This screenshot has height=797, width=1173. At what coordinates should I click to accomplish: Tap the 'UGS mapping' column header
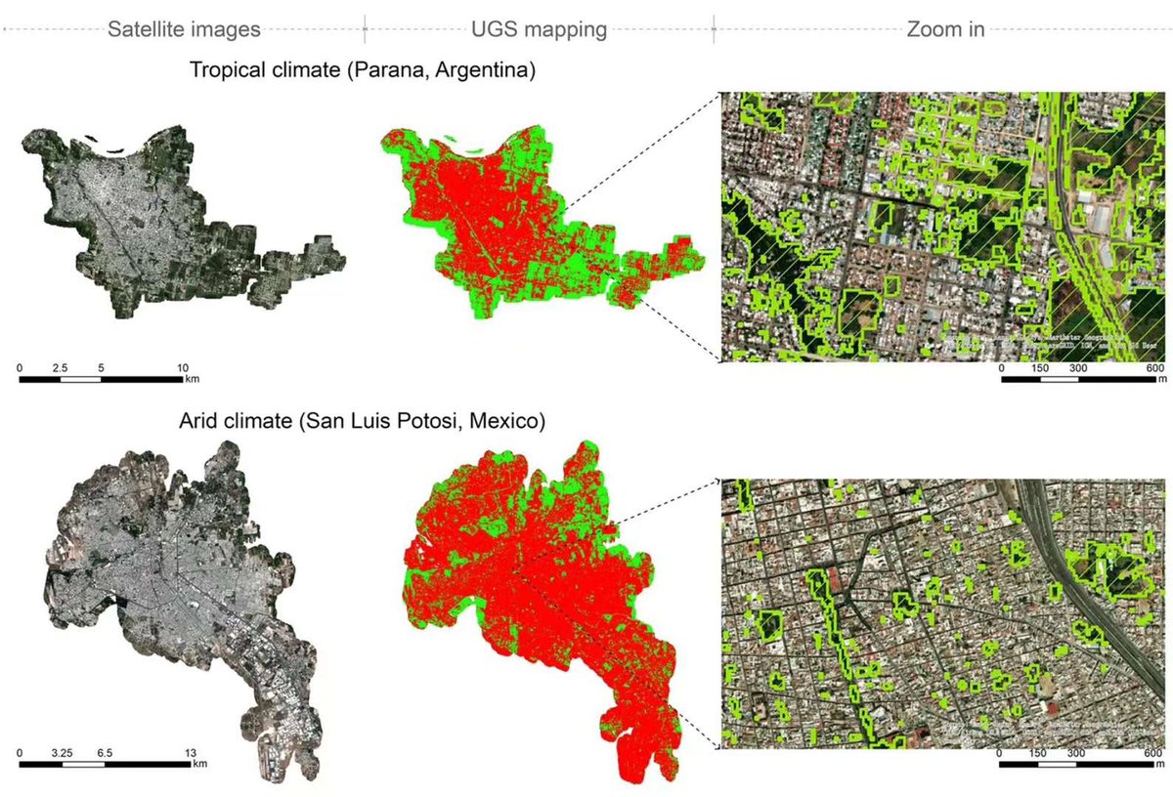tap(540, 29)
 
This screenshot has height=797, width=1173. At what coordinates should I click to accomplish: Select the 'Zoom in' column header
tap(944, 29)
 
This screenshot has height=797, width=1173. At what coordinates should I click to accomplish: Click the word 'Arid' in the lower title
tap(199, 423)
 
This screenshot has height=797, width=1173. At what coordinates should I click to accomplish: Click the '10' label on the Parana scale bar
tap(183, 367)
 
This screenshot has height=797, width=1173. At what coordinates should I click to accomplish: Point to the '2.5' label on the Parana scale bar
tap(60, 367)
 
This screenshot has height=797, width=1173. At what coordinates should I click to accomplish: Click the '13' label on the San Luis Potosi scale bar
tap(192, 753)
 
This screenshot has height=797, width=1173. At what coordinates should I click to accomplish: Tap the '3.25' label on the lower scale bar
tap(61, 753)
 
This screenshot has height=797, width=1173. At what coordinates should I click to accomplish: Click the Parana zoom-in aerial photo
tap(943, 227)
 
